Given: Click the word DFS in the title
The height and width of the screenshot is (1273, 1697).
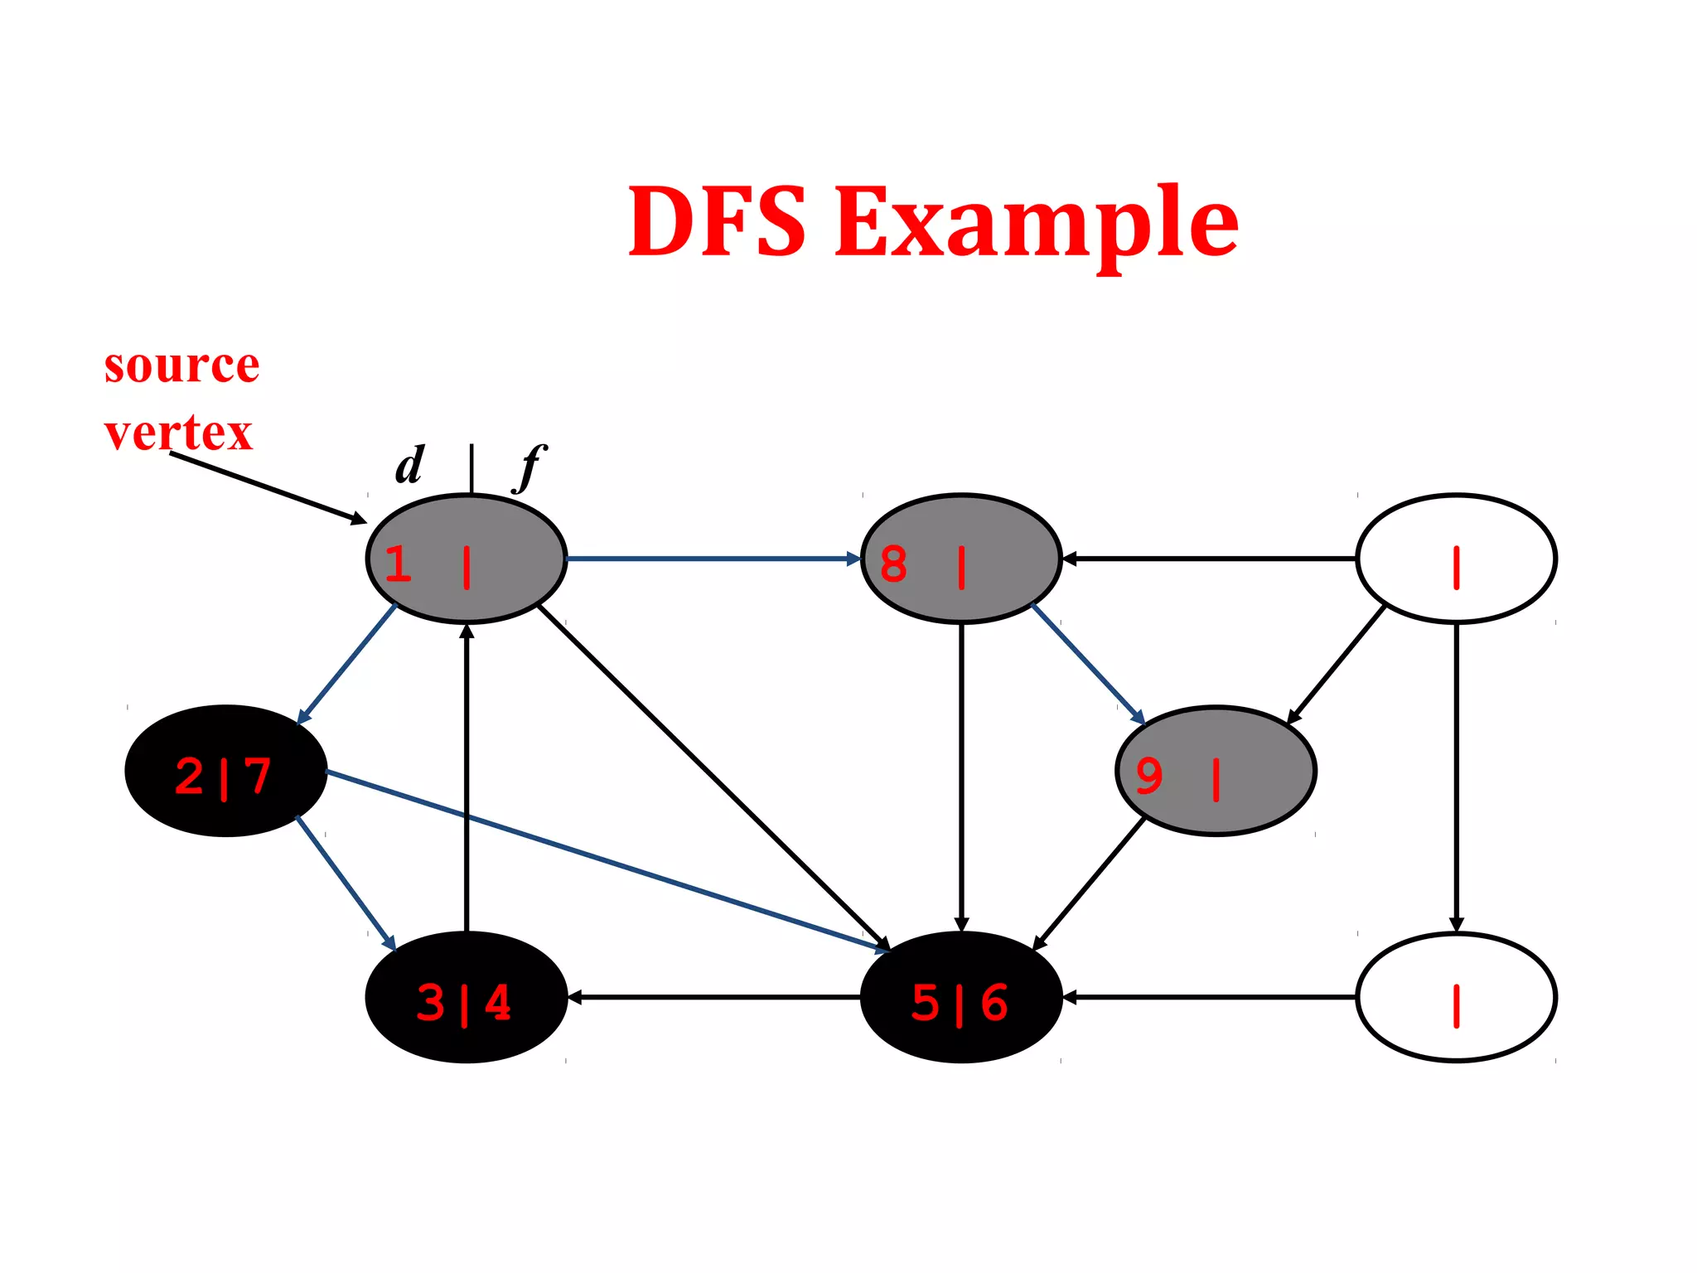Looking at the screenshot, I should [x=717, y=221].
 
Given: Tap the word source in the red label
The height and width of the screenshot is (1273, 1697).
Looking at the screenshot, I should [x=181, y=365].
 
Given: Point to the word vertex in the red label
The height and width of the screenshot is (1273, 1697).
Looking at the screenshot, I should [x=178, y=433].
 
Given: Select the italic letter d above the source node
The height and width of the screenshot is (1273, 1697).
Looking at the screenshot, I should [x=409, y=466].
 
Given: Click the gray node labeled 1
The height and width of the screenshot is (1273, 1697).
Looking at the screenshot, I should [x=466, y=559].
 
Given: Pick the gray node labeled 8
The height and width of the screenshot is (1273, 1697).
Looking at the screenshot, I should [x=961, y=559].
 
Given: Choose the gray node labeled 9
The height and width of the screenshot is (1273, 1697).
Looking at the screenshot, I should [x=1216, y=771].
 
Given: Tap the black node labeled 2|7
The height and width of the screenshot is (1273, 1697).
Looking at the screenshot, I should [x=225, y=771].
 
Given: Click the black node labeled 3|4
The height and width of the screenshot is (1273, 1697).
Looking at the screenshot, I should [x=466, y=997].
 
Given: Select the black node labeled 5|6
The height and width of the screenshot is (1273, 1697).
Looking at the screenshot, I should [x=961, y=997].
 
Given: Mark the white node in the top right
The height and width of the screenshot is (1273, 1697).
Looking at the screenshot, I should [x=1456, y=559].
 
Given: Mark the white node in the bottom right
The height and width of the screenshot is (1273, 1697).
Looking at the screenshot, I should [x=1456, y=997].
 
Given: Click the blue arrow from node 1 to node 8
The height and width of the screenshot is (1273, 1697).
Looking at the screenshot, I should [x=713, y=559].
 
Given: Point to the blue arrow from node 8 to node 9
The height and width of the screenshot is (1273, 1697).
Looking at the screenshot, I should [x=1088, y=665].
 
